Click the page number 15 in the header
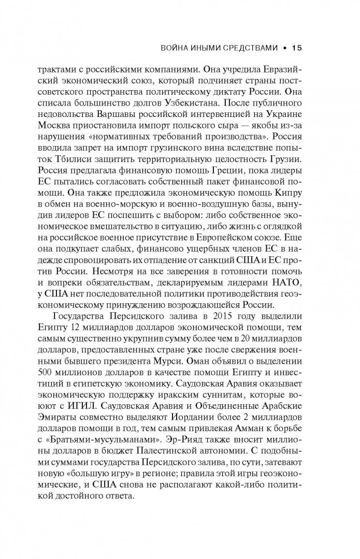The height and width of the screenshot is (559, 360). [x=296, y=49]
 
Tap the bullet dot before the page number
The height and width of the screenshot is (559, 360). [x=284, y=49]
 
